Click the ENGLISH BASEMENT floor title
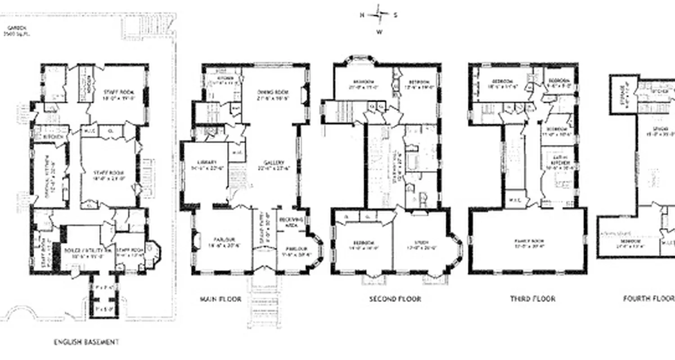pyautogui.click(x=86, y=342)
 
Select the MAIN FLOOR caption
pyautogui.click(x=220, y=299)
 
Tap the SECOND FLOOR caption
pyautogui.click(x=395, y=299)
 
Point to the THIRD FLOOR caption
pyautogui.click(x=532, y=299)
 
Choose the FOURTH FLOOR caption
pyautogui.click(x=648, y=299)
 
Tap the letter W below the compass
pyautogui.click(x=380, y=32)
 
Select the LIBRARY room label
pyautogui.click(x=207, y=162)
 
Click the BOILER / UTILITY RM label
pyautogui.click(x=81, y=250)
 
